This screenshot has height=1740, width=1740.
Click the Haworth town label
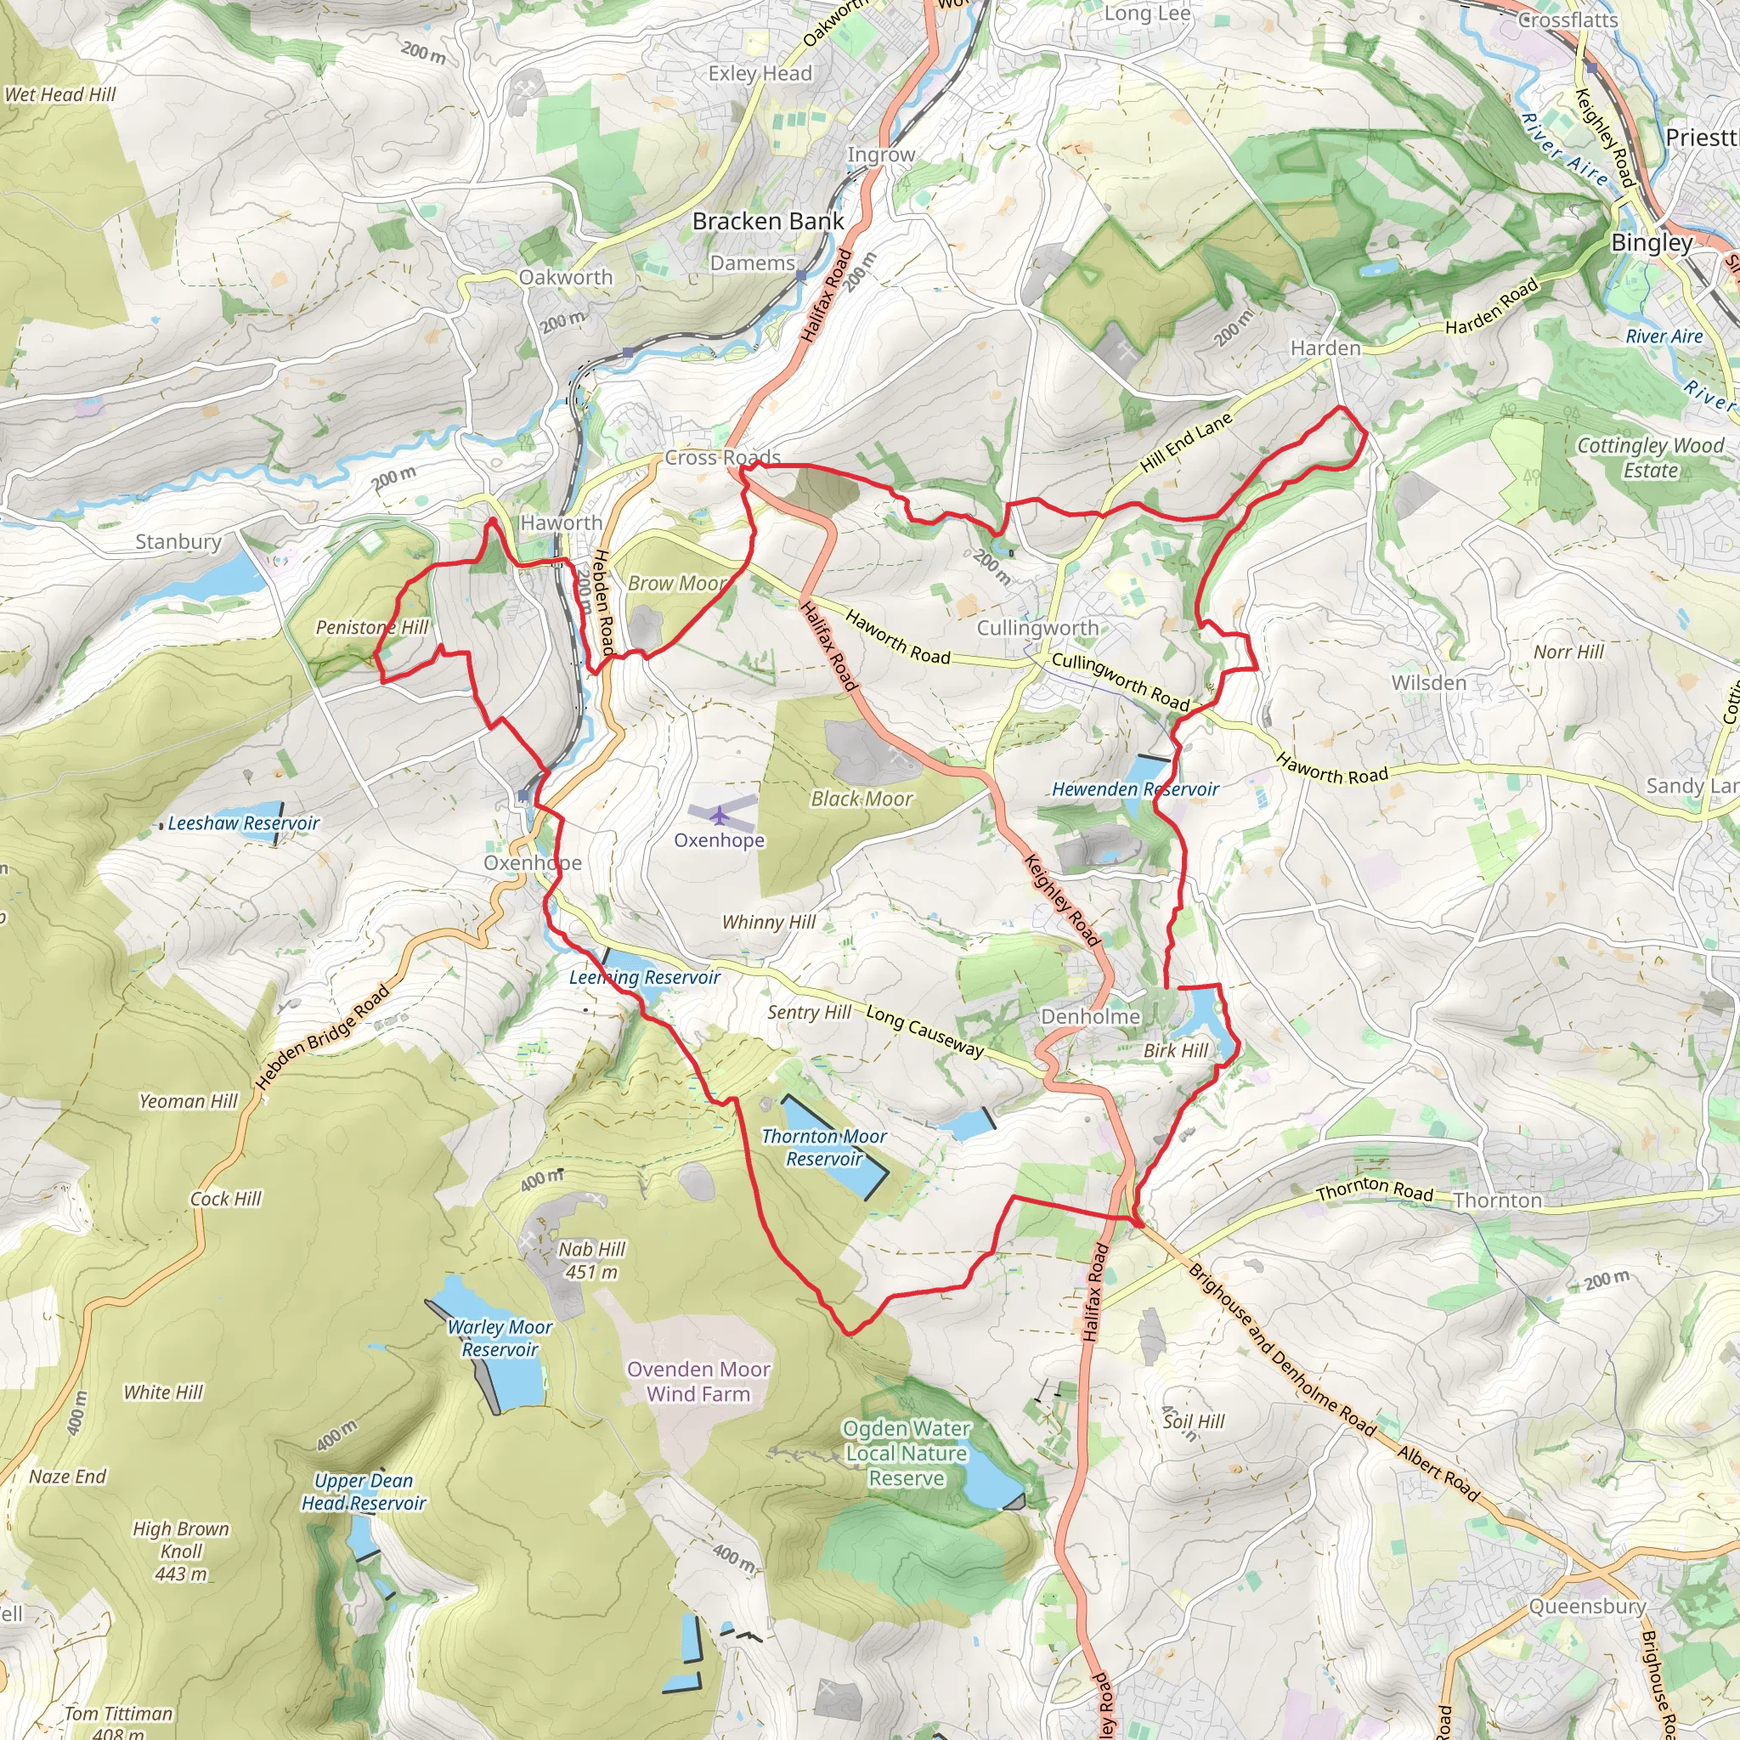(x=561, y=523)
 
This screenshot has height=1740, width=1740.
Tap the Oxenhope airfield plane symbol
(x=719, y=816)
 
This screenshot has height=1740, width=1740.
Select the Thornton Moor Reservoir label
(x=824, y=1147)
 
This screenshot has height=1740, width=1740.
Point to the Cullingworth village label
(x=1037, y=628)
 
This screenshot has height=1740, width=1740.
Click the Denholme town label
(x=1090, y=1017)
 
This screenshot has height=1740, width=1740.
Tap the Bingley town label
(x=1652, y=242)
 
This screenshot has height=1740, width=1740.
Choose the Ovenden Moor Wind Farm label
(x=699, y=1381)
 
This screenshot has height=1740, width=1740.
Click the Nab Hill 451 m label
(x=591, y=1261)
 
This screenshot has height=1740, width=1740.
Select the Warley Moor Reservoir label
(x=500, y=1338)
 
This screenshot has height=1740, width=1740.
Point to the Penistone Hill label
(x=372, y=627)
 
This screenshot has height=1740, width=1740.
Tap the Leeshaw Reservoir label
(x=243, y=823)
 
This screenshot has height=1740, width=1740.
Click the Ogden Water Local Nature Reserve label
(x=906, y=1453)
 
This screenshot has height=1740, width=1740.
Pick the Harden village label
(x=1325, y=348)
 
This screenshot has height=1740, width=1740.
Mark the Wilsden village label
(x=1428, y=683)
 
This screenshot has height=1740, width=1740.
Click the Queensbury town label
(x=1587, y=1607)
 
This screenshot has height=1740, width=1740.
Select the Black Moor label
(x=862, y=799)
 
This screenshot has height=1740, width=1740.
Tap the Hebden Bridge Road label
(x=324, y=1037)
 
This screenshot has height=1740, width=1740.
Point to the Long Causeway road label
(x=925, y=1031)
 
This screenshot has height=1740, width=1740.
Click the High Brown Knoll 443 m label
(x=181, y=1551)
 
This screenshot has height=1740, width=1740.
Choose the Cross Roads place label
(x=722, y=458)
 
